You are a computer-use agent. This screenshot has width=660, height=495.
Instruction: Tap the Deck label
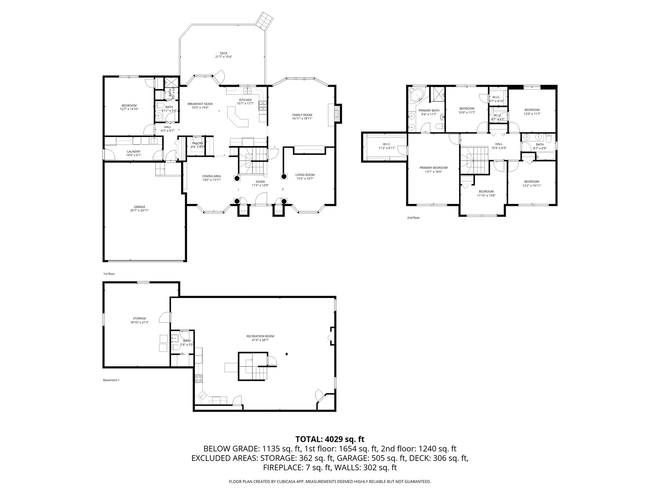pos(224,55)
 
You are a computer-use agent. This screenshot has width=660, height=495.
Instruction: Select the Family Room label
pos(302,116)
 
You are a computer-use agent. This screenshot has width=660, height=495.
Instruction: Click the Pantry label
pos(198,145)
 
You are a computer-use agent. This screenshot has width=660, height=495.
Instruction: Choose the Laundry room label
pos(134,153)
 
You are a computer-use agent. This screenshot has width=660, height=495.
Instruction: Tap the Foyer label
pos(260,183)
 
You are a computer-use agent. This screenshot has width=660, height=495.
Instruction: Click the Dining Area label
pos(212,178)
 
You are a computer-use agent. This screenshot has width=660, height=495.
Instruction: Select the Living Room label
pos(305,176)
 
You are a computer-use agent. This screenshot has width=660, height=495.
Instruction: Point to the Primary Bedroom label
pos(434,170)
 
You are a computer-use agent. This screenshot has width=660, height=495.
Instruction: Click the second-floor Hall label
pos(499,146)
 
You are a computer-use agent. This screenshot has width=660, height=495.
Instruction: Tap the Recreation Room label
pos(260,338)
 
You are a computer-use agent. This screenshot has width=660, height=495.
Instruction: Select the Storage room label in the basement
pos(139,320)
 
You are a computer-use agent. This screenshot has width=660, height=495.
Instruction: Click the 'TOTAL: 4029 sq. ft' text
pos(330,439)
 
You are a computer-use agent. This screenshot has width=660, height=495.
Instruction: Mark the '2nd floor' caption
pos(413,218)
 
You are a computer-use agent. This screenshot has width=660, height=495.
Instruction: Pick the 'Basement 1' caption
pos(111,380)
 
